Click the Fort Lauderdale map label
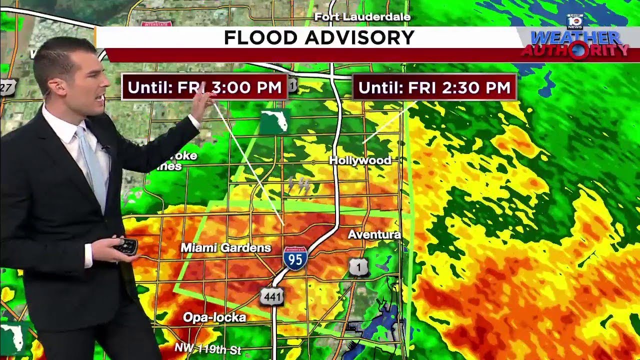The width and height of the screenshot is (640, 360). (x=362, y=17)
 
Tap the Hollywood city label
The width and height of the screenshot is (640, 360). (x=360, y=160)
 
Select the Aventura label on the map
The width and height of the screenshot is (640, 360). (x=374, y=234)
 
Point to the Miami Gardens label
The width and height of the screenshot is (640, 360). (x=225, y=247)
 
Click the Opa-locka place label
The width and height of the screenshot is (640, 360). (x=214, y=317)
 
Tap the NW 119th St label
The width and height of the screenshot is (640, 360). (x=208, y=348)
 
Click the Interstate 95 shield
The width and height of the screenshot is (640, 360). (x=295, y=258)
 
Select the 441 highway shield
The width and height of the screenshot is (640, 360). (x=272, y=296)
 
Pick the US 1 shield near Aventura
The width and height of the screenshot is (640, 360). (x=358, y=267)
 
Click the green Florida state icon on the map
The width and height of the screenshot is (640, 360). (x=274, y=121)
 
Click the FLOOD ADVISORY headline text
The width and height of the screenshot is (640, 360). (x=319, y=37)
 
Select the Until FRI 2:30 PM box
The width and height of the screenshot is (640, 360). (x=434, y=87)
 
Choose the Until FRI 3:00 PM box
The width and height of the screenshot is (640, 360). (x=204, y=87)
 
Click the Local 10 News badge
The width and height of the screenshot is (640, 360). (x=575, y=21)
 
